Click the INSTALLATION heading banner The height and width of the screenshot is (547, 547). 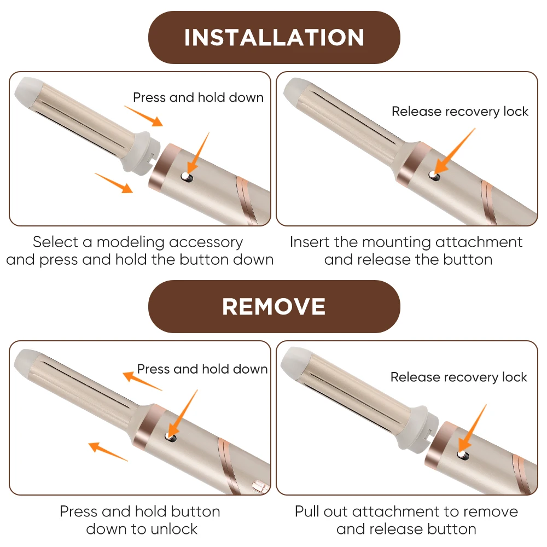274,37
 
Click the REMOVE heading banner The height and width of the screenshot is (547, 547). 274,306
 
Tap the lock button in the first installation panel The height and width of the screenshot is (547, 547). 187,177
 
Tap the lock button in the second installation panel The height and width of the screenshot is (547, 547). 434,176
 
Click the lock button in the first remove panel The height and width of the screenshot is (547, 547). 171,437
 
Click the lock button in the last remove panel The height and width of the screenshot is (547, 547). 463,455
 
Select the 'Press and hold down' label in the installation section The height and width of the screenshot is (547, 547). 198,97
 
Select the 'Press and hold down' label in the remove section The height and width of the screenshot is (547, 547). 202,369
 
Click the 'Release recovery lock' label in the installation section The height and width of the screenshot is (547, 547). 460,111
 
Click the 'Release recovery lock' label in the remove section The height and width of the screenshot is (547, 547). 459,377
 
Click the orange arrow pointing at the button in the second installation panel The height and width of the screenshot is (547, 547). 455,151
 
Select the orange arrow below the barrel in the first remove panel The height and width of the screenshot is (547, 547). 108,452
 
